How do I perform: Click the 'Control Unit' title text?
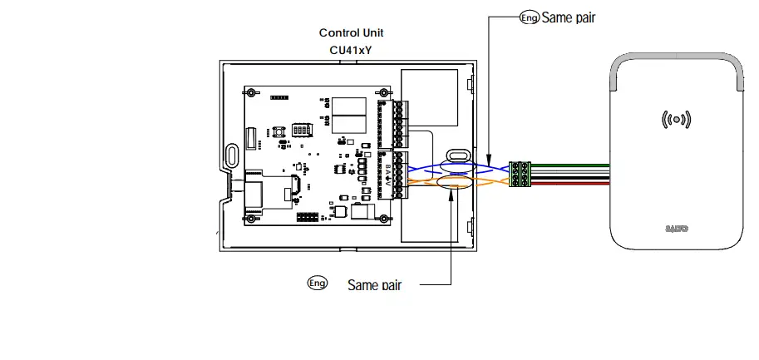[351, 33]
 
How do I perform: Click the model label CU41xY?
[351, 50]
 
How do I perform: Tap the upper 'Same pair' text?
[569, 17]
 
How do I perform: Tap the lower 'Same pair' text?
[374, 285]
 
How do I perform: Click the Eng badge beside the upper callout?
[529, 17]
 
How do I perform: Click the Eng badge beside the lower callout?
[317, 284]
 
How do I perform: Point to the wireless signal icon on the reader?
[677, 120]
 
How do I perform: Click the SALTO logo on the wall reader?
[678, 225]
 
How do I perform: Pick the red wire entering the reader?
[574, 184]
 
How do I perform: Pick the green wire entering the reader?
[574, 166]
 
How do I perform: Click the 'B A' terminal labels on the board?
[387, 170]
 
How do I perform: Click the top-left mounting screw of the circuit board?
[249, 91]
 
